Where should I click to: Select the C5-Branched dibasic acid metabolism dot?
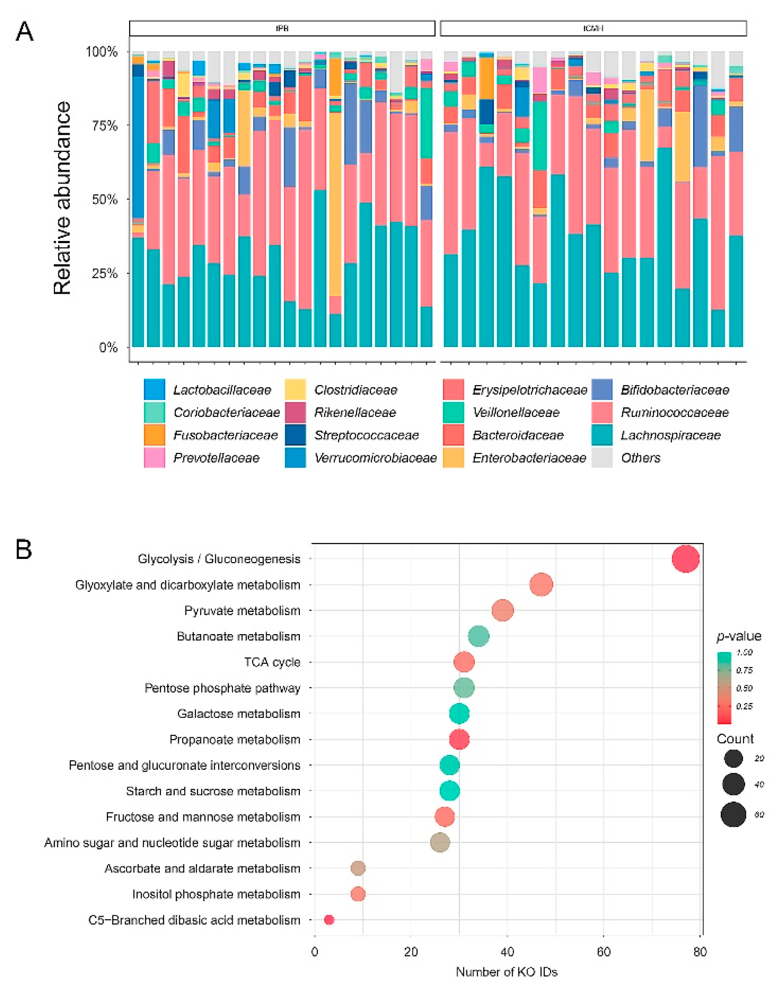[x=329, y=920]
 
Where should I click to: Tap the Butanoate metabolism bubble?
[x=479, y=636]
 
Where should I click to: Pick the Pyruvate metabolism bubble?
[x=503, y=610]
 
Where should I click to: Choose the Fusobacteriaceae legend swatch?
[x=154, y=435]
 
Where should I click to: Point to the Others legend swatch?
[x=602, y=458]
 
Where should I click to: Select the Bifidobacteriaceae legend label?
[x=675, y=390]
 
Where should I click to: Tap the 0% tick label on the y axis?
[x=108, y=348]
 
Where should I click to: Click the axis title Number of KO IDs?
[x=507, y=972]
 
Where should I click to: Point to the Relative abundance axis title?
[x=62, y=198]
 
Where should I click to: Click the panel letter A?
[x=25, y=32]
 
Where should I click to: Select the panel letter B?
[x=24, y=550]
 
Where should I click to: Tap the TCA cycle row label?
[x=272, y=662]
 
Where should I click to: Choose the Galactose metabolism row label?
[x=239, y=714]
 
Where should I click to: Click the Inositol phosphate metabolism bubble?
[x=358, y=894]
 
